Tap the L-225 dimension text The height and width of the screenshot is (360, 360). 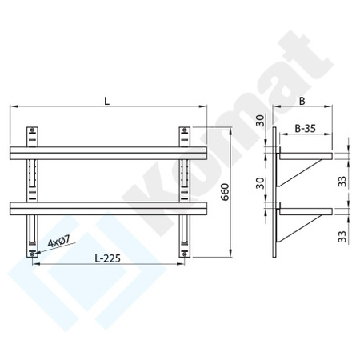click(106, 259)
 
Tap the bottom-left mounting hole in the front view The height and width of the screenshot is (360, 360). click(32, 253)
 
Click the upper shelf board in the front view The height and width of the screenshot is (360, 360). click(109, 153)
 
